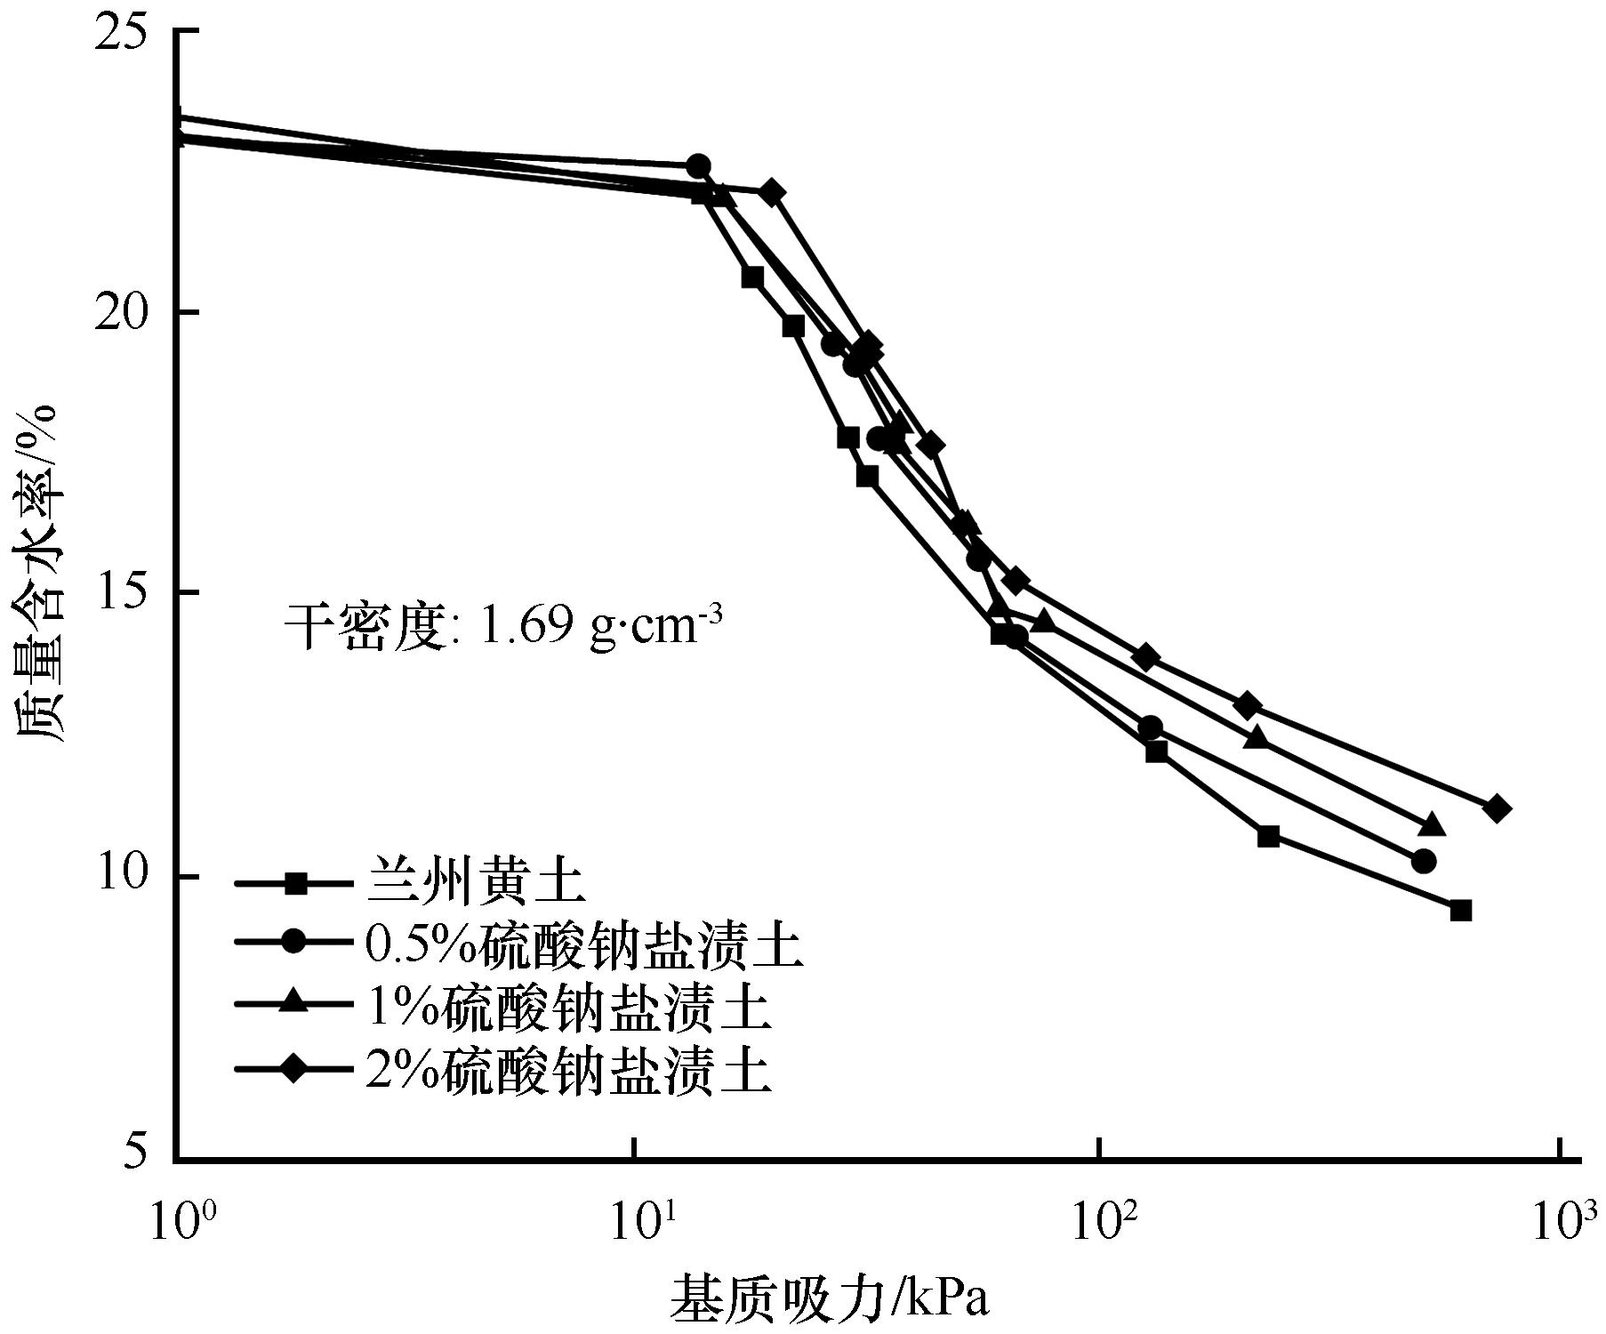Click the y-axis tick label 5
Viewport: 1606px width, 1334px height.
tap(138, 1156)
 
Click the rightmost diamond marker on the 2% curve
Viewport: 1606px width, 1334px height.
tap(1497, 808)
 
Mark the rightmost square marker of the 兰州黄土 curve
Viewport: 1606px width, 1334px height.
tap(1460, 910)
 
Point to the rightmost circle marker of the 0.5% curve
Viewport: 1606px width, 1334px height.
tap(1423, 861)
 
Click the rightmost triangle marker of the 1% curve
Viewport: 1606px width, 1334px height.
tap(1432, 825)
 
